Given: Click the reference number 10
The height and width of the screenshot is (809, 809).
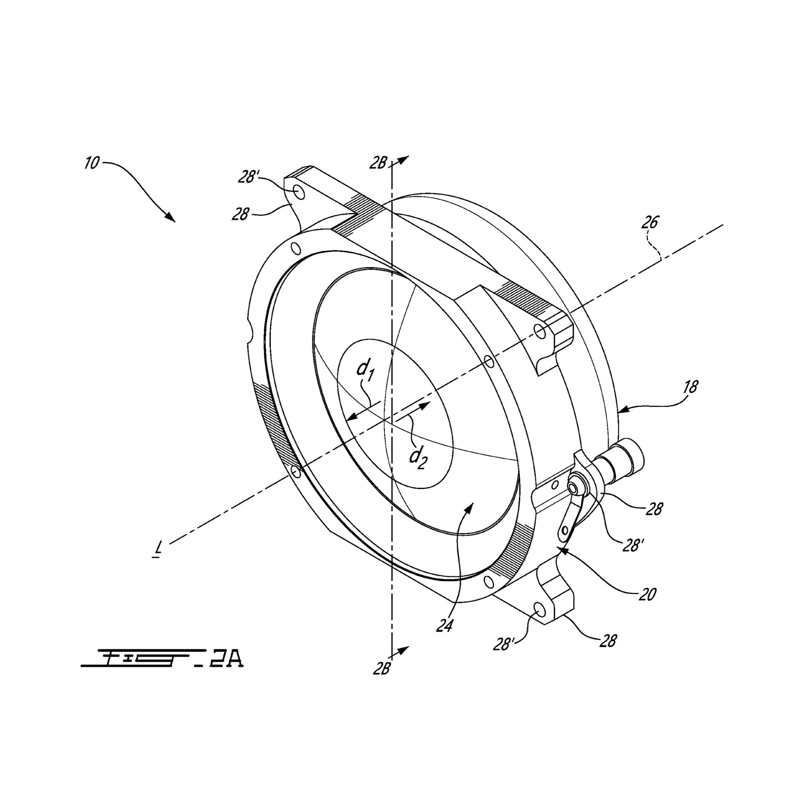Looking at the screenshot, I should coord(91,163).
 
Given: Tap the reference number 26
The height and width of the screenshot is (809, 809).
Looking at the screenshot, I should coord(649,222).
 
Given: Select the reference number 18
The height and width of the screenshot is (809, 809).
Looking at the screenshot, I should coord(690,386).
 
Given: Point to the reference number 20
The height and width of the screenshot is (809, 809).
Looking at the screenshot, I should coord(648,594).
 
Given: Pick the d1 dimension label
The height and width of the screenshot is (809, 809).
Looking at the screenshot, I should coord(365,370).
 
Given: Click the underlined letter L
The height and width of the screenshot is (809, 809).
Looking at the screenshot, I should coord(158,548).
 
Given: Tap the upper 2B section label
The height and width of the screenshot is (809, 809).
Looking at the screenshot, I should coord(378,163).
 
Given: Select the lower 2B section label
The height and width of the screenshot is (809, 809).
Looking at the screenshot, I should coord(381,669).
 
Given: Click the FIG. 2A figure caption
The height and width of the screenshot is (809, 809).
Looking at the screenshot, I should coord(162,659).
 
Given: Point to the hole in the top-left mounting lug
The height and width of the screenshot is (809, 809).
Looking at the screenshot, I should coord(299,192).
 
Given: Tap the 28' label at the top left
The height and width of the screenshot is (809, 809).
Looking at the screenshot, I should coord(248,177).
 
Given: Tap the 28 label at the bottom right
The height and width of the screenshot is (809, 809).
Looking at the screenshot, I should coord(608,641).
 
